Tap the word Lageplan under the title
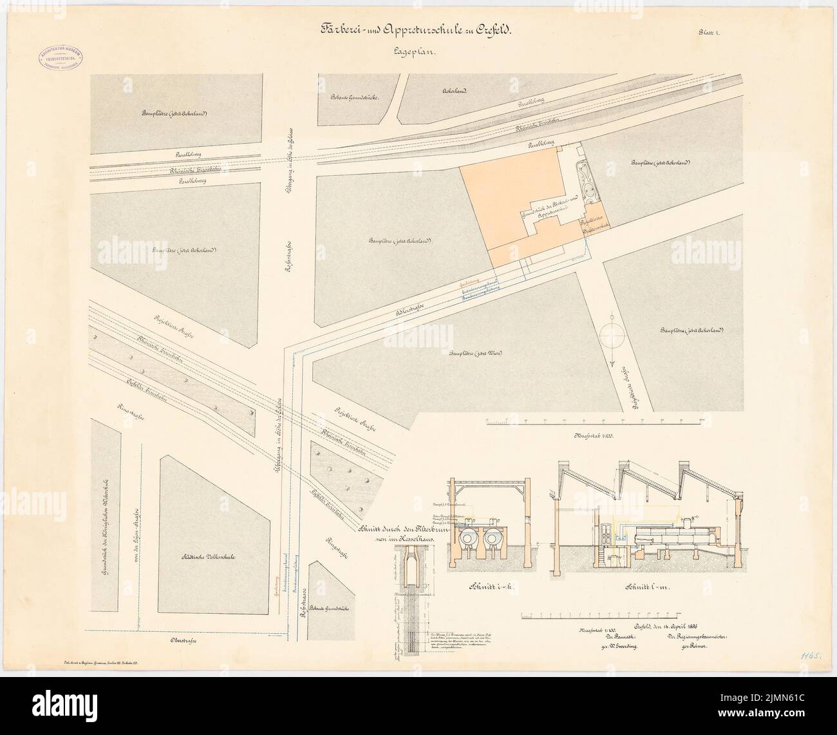[413, 57]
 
